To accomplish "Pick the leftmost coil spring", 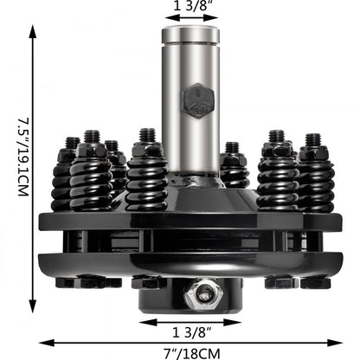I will [63, 182].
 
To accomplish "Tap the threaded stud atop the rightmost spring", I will [312, 139].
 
